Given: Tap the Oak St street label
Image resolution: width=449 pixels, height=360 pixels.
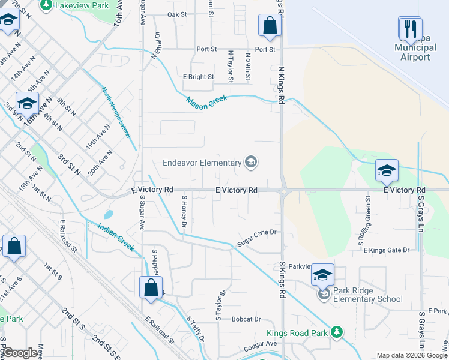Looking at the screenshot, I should click(x=178, y=14).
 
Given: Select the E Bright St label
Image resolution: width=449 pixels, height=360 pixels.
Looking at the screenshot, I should click(x=198, y=77).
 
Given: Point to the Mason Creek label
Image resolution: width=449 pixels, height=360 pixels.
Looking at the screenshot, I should click(x=206, y=103).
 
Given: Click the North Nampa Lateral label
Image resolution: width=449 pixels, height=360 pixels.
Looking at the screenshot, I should click(x=115, y=112).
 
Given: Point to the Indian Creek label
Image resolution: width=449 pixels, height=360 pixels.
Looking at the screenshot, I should click(x=116, y=235).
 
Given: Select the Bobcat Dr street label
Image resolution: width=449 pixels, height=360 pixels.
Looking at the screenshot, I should click(x=247, y=319).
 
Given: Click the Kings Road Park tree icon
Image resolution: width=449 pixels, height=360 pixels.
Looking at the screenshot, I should click(x=337, y=332).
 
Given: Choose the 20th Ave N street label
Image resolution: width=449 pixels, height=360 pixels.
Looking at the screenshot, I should click(x=101, y=162).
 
